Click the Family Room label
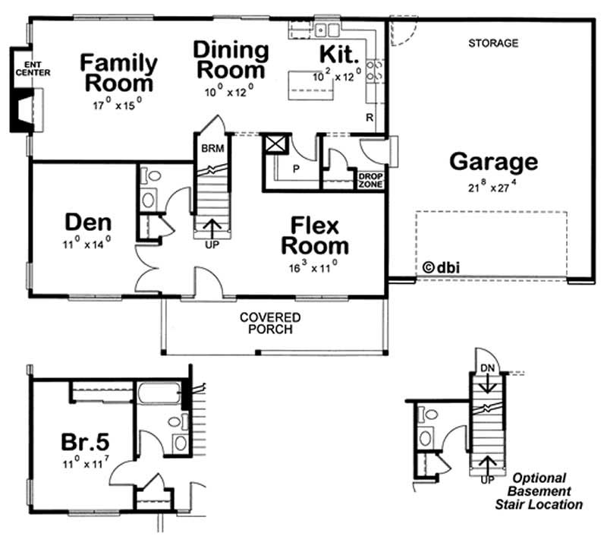119,72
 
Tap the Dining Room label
230,61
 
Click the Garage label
493,162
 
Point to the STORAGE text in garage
492,43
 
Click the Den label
88,223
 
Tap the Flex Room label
315,235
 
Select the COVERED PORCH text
270,323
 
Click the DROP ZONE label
371,180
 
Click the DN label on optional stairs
489,368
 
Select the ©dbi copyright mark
442,267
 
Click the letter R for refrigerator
369,118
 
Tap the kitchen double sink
328,30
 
